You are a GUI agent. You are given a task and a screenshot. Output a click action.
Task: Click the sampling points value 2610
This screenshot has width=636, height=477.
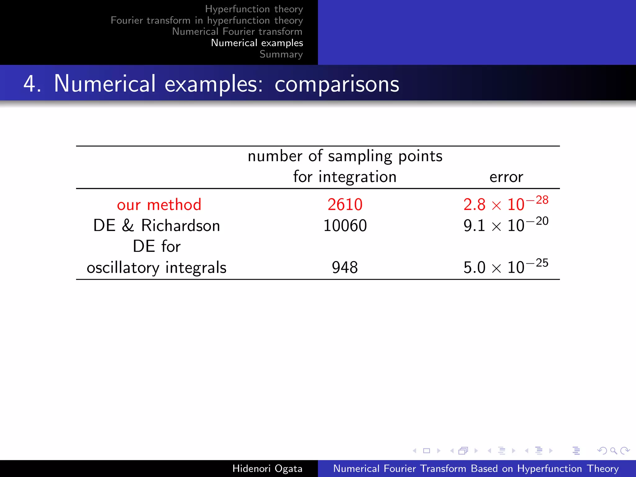345,205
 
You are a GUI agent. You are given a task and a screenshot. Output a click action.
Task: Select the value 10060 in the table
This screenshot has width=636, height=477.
345,226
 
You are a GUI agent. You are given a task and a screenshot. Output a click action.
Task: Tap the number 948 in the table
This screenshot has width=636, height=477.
345,267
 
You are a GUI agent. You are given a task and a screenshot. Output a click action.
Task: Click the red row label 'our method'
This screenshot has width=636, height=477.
159,205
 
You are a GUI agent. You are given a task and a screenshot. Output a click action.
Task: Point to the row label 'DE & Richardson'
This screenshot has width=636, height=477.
157,226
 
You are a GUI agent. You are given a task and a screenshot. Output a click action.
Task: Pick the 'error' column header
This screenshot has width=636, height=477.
506,177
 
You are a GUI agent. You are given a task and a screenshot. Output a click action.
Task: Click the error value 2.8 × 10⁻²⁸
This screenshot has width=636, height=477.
506,204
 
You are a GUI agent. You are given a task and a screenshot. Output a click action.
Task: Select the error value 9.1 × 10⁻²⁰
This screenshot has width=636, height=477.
506,225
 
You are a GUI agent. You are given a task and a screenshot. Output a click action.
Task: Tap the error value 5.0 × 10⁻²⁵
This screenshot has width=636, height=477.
506,267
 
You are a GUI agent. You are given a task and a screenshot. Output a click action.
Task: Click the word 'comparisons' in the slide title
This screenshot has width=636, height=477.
337,84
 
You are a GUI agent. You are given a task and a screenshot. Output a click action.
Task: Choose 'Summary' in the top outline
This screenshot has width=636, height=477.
281,54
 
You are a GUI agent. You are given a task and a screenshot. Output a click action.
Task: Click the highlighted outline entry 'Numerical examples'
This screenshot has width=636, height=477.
257,43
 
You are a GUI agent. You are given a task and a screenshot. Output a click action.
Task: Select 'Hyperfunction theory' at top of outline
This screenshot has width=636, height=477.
254,9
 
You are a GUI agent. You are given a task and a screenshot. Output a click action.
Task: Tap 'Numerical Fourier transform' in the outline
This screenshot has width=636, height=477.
237,32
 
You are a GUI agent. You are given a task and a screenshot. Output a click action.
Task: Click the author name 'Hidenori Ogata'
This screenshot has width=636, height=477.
267,468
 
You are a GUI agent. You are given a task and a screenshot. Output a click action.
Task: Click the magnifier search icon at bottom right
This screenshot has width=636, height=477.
613,451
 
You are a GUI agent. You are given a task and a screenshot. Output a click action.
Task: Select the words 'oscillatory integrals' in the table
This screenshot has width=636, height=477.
157,268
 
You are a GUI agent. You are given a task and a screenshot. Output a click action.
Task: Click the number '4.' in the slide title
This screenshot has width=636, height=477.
32,84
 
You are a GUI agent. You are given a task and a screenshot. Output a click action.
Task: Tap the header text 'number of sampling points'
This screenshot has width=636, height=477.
345,156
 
